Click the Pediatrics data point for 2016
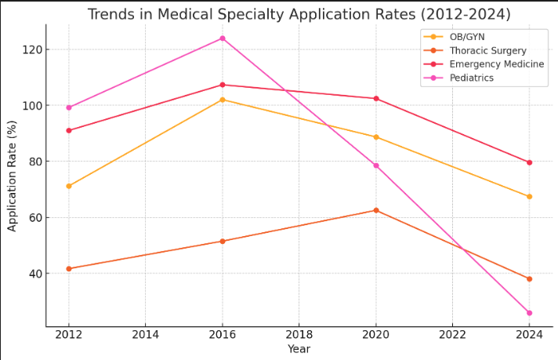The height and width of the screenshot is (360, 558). coord(223,38)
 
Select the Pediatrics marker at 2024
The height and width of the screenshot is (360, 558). coord(529,313)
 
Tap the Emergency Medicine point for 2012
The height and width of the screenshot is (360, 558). coord(69,130)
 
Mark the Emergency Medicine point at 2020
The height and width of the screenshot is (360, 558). coord(376,99)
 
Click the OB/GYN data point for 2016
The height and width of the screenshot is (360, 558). coord(223,100)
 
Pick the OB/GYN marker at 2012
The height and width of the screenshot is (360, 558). coord(69,186)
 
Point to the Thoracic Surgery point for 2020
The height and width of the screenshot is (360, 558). coord(376,210)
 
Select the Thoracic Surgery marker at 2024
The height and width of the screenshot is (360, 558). coord(529,278)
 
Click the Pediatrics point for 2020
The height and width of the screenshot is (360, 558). coord(376,165)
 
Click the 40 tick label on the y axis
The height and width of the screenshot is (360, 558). coord(32,274)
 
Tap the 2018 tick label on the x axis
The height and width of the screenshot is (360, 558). coord(299,335)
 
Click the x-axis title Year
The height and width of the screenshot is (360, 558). coord(299,349)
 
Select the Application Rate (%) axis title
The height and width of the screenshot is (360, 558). coord(12,176)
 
